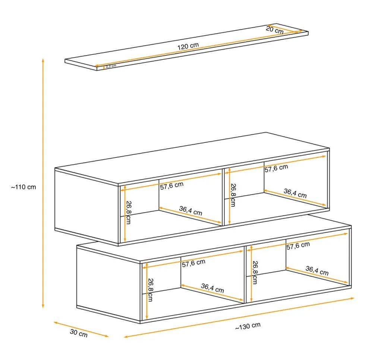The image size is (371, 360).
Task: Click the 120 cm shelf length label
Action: click(188, 46)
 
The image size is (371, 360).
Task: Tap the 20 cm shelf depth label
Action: click(275, 30)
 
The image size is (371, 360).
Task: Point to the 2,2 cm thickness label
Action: click(111, 66)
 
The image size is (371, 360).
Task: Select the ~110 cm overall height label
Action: click(23, 187)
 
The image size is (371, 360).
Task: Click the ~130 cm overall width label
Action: click(248, 326)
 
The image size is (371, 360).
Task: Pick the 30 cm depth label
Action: click(79, 333)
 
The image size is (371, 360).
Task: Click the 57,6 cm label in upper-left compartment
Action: click(172, 185)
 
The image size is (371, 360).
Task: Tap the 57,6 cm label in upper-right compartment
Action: click(276, 168)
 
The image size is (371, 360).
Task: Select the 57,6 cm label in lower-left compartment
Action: click(194, 263)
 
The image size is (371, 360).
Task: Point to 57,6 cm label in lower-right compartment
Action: click(298, 246)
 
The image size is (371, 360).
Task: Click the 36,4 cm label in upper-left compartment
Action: click(191, 211)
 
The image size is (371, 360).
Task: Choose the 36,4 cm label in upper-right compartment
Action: click(295, 193)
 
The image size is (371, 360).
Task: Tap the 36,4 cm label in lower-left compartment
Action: click(213, 288)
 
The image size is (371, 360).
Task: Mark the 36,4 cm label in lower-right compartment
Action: click(317, 270)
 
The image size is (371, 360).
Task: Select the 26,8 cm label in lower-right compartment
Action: click(255, 272)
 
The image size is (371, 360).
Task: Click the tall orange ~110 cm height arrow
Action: click(43, 183)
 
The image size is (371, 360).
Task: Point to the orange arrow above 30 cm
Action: click(81, 329)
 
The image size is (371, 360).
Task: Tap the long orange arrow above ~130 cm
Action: click(239, 317)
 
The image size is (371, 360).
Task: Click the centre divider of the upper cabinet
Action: click(223, 197)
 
